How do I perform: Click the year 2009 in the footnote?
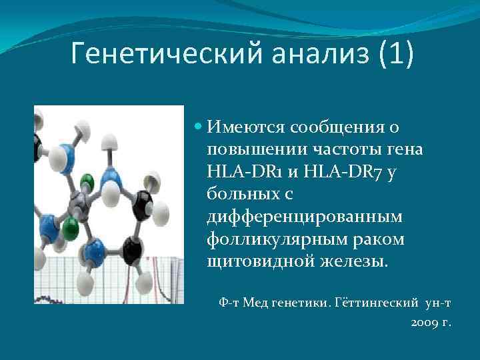pyautogui.click(x=426, y=323)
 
